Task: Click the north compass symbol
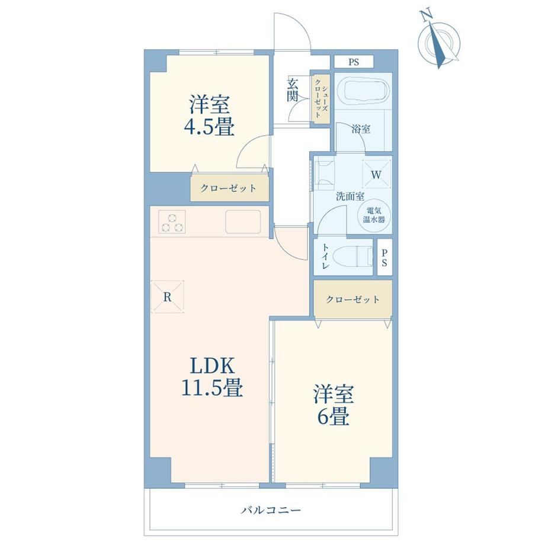439,40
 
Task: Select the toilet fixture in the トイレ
351,257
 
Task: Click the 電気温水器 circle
374,215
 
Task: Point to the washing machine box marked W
376,174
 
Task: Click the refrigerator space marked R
167,297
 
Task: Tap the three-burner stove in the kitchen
172,222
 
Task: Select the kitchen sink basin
243,222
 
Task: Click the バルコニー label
271,510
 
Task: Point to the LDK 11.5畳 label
212,376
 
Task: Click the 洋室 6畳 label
334,405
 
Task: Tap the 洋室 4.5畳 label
209,115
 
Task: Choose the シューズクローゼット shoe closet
320,99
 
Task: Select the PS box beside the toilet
384,257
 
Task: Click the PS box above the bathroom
354,62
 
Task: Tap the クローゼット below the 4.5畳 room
229,188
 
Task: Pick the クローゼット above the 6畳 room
353,299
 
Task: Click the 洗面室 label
350,197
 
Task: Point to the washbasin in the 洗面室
324,173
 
